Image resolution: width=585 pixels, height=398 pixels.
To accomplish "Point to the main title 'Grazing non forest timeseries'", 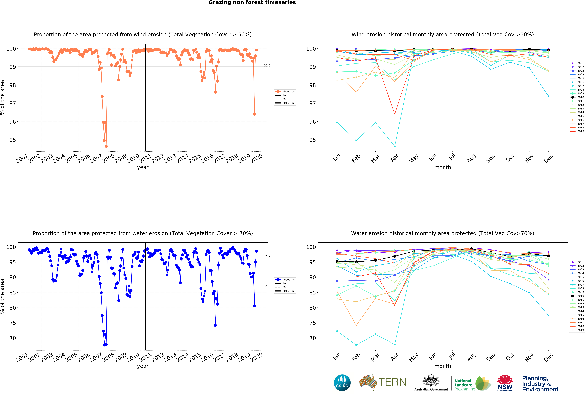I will coord(252,2).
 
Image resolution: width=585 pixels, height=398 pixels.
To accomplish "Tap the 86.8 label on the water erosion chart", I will coord(267,286).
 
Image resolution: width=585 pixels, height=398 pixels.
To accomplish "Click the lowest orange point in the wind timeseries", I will coord(106,146).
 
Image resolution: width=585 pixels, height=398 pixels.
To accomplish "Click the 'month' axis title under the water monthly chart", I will coord(443,366).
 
